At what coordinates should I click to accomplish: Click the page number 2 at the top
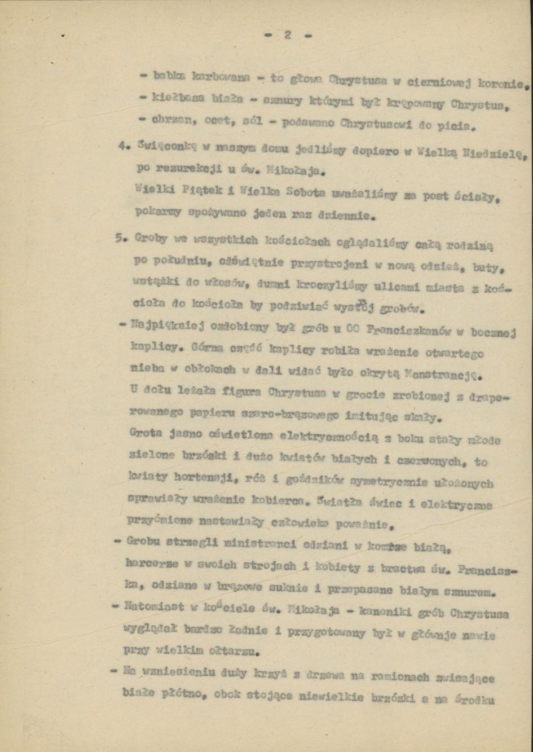pos(287,35)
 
